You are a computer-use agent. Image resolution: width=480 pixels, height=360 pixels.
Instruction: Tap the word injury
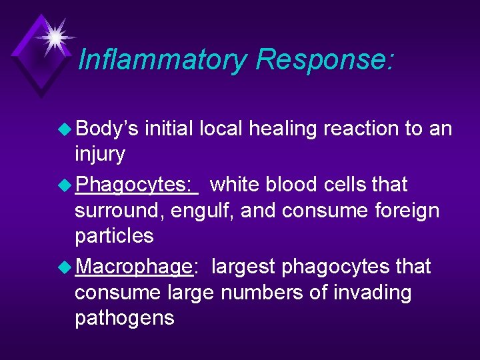(100, 155)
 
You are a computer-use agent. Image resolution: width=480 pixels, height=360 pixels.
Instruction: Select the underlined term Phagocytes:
(137, 185)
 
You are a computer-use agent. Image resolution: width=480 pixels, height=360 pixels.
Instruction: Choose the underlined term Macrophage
(134, 267)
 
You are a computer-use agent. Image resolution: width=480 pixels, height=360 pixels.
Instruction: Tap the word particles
(114, 236)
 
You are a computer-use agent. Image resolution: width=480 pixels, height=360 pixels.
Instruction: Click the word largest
(243, 267)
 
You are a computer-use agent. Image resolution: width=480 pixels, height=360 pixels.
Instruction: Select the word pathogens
(125, 318)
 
